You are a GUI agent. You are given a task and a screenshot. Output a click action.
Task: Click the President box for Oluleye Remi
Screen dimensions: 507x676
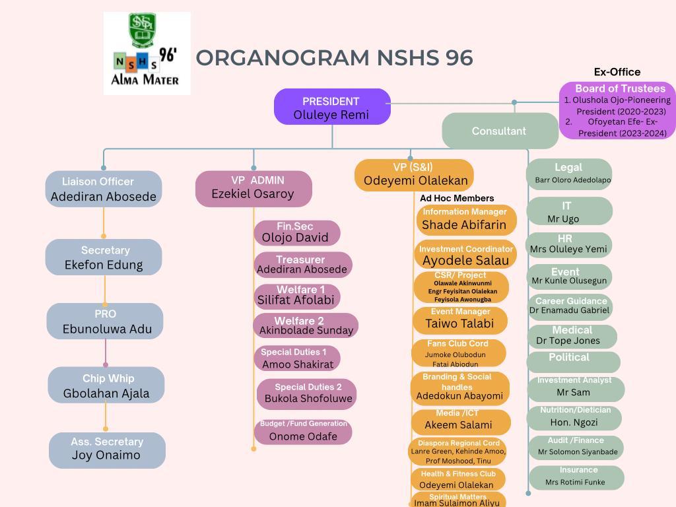[332, 107]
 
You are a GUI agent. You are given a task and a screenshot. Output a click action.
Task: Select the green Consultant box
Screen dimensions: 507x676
[500, 131]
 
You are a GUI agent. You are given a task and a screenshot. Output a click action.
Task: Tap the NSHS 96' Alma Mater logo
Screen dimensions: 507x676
[147, 53]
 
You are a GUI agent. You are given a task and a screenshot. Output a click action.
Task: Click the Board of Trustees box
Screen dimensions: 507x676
[617, 110]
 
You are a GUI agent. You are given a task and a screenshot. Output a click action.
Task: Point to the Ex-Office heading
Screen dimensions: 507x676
[617, 72]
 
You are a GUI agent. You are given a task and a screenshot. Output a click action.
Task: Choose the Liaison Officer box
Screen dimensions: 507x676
[104, 189]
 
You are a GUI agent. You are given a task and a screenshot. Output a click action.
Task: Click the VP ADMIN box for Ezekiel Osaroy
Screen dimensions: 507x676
[253, 188]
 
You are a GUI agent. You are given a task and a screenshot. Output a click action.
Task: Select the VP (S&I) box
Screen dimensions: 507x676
[414, 175]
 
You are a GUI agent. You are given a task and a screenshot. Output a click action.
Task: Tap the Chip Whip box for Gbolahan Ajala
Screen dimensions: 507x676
[106, 386]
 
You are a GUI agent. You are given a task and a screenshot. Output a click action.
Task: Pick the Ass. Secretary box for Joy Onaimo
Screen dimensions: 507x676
[107, 450]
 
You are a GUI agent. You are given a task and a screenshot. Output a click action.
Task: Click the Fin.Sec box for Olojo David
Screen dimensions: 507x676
[296, 233]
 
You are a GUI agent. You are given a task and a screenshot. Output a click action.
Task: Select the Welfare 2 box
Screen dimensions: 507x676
[305, 326]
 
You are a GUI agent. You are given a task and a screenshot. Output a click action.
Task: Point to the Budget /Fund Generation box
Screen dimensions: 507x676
[303, 431]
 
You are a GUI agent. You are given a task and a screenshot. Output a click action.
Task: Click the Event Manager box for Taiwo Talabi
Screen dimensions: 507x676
[459, 320]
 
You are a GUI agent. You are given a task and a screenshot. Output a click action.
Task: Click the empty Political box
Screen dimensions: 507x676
[572, 361]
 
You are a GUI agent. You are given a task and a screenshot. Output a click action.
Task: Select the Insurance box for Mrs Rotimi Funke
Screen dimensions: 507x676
[576, 477]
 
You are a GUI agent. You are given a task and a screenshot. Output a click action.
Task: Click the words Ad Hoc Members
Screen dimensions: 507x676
[457, 198]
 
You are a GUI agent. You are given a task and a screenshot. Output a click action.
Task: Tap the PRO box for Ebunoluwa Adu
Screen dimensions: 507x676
[105, 321]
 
